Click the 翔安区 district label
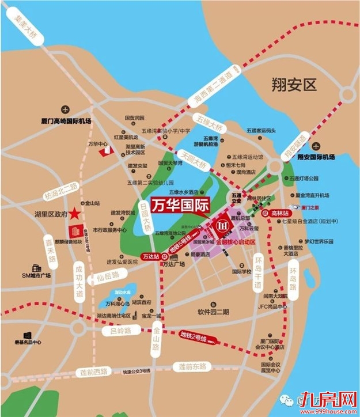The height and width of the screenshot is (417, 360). pyautogui.click(x=294, y=86)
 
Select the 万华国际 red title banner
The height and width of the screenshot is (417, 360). pyautogui.click(x=180, y=206)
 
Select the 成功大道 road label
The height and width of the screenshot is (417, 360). pyautogui.click(x=79, y=280)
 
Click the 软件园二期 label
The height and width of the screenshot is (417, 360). pyautogui.click(x=213, y=312)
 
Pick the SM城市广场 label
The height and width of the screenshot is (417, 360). pyautogui.click(x=37, y=276)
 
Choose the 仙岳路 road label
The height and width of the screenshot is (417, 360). pyautogui.click(x=107, y=277)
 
